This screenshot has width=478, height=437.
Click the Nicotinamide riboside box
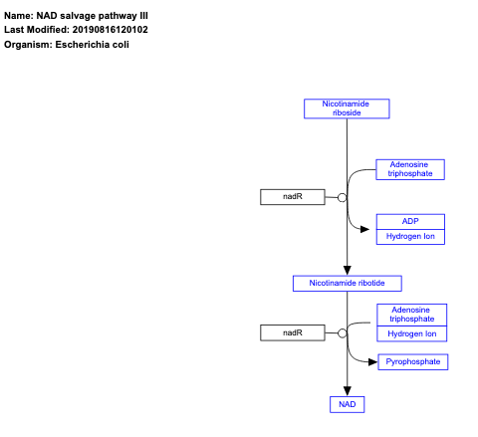[x=347, y=109]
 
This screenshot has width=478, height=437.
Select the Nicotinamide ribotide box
[x=347, y=284]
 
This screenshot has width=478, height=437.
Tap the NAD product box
[x=347, y=404]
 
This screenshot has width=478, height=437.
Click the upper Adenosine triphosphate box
[x=410, y=169]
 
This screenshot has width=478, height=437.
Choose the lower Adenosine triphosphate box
[x=411, y=315]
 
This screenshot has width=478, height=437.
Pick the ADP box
[x=410, y=221]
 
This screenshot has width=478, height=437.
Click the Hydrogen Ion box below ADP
[x=410, y=236]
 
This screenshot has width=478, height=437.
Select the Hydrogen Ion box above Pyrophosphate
[x=411, y=333]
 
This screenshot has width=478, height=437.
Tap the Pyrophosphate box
[x=413, y=362]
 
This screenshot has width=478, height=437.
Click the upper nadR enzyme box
[x=292, y=197]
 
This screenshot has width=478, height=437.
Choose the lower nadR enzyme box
[x=292, y=331]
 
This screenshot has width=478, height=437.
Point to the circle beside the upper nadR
[x=343, y=197]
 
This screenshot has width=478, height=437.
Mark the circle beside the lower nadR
[x=343, y=331]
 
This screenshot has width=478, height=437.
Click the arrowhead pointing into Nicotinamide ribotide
[x=347, y=270]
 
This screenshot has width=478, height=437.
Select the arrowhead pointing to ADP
[x=368, y=229]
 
